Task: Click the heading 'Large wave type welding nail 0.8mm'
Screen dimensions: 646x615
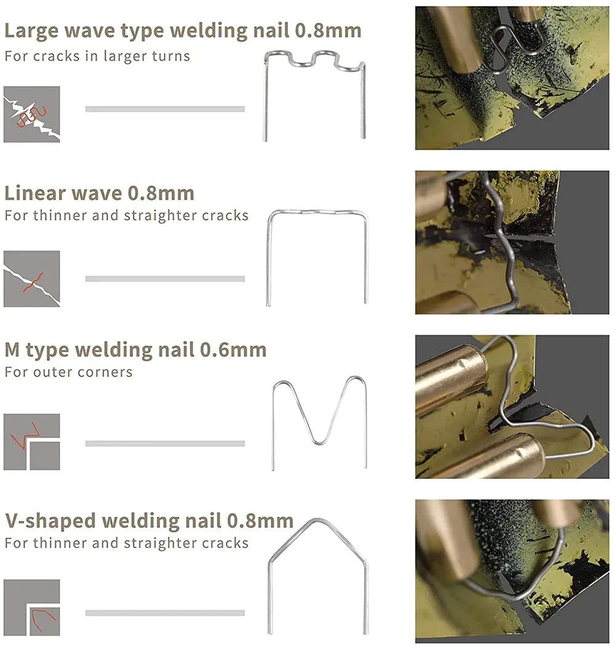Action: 183,30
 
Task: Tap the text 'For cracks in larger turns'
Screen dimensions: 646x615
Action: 97,56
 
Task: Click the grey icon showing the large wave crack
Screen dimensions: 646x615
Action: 32,114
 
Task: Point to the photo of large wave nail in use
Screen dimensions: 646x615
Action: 512,78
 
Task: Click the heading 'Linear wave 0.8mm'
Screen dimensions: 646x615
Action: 99,193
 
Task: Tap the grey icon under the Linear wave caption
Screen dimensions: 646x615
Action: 32,279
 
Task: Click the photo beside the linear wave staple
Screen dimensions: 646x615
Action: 512,242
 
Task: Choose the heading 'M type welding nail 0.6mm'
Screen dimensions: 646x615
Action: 135,350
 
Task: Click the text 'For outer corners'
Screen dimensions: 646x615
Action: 68,372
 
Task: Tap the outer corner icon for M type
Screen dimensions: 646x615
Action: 32,442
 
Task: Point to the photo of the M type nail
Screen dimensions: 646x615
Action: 512,407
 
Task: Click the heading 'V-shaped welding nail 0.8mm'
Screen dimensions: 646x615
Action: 149,520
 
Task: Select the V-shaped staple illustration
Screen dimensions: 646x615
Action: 318,575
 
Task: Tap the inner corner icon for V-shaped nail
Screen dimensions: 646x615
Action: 32,608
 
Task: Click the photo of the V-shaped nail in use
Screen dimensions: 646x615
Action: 512,571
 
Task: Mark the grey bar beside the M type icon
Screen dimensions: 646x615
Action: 165,444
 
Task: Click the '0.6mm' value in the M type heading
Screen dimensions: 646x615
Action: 233,350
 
